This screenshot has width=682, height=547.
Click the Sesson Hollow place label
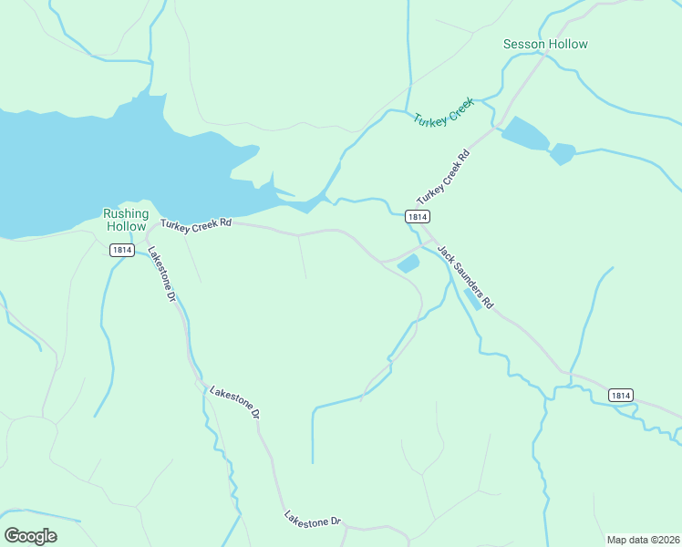[x=545, y=44]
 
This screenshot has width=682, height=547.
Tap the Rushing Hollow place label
[x=125, y=220]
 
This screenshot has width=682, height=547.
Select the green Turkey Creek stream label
[x=443, y=112]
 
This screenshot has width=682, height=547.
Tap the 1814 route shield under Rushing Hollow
[x=122, y=250]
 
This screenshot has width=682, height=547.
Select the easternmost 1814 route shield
[x=620, y=395]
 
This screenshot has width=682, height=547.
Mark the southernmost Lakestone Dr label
[x=312, y=519]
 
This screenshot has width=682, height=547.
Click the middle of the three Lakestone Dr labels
[x=235, y=403]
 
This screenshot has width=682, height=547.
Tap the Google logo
[x=30, y=536]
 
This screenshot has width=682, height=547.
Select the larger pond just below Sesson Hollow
[x=525, y=134]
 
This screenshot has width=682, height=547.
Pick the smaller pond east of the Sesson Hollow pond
[x=562, y=153]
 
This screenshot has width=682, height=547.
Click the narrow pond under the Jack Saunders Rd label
[x=473, y=299]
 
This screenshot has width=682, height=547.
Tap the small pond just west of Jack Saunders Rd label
[x=408, y=263]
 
